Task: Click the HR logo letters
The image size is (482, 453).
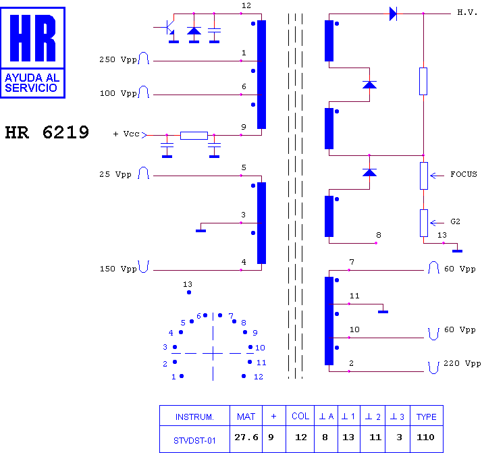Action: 32,38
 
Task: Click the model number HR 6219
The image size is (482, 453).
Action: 47,132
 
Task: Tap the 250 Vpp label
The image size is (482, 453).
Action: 117,59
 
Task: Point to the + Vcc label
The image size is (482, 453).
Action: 126,134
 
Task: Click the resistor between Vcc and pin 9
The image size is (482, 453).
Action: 194,136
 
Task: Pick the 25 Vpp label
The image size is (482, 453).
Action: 115,175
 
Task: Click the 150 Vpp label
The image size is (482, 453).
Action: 118,269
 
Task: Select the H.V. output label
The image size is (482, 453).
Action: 467,12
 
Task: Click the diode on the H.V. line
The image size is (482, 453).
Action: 393,14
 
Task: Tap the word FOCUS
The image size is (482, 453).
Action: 464,174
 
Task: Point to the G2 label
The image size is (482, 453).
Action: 455,221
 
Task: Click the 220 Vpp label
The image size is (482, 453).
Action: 462,364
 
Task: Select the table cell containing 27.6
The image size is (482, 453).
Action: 246,439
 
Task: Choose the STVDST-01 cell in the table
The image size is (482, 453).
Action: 194,439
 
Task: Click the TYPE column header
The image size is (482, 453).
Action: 427,416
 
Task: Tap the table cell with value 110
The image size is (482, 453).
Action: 427,439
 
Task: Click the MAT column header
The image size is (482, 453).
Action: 246,416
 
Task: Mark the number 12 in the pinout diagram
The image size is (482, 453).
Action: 259,377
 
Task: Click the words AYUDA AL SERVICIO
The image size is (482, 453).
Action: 32,82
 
